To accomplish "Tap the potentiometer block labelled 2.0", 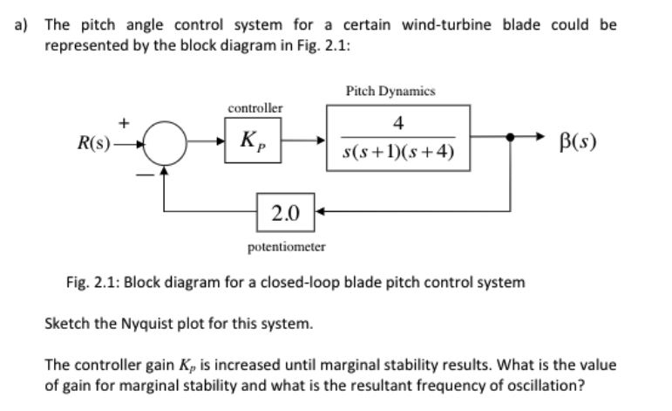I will click(282, 211).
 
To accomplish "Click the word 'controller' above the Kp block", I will click(255, 108).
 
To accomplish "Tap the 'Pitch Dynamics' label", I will click(390, 90).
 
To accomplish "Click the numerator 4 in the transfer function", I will click(397, 124).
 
